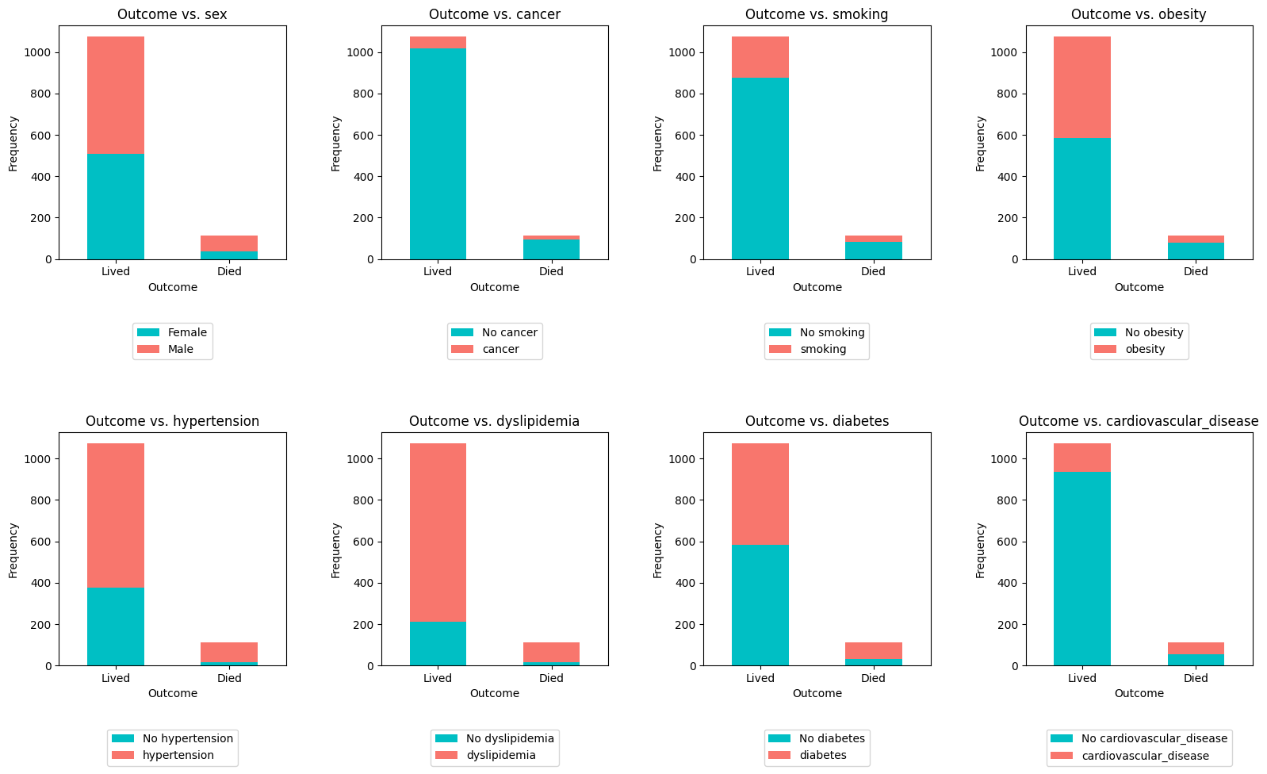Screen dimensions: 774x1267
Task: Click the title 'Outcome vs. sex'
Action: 172,14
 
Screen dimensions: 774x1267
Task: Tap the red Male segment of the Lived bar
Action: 116,95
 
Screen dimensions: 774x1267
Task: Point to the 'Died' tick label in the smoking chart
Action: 873,271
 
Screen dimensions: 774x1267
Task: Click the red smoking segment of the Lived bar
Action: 760,57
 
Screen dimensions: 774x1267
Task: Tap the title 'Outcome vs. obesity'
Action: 1139,14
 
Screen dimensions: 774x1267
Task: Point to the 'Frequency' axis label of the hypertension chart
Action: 13,550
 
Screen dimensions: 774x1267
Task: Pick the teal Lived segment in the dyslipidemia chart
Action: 438,643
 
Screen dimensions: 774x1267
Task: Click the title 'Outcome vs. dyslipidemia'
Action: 494,421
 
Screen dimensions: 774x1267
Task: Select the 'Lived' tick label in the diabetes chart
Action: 760,678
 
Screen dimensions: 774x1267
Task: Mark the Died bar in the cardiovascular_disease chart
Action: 1196,654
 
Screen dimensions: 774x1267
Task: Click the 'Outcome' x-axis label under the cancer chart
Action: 494,287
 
